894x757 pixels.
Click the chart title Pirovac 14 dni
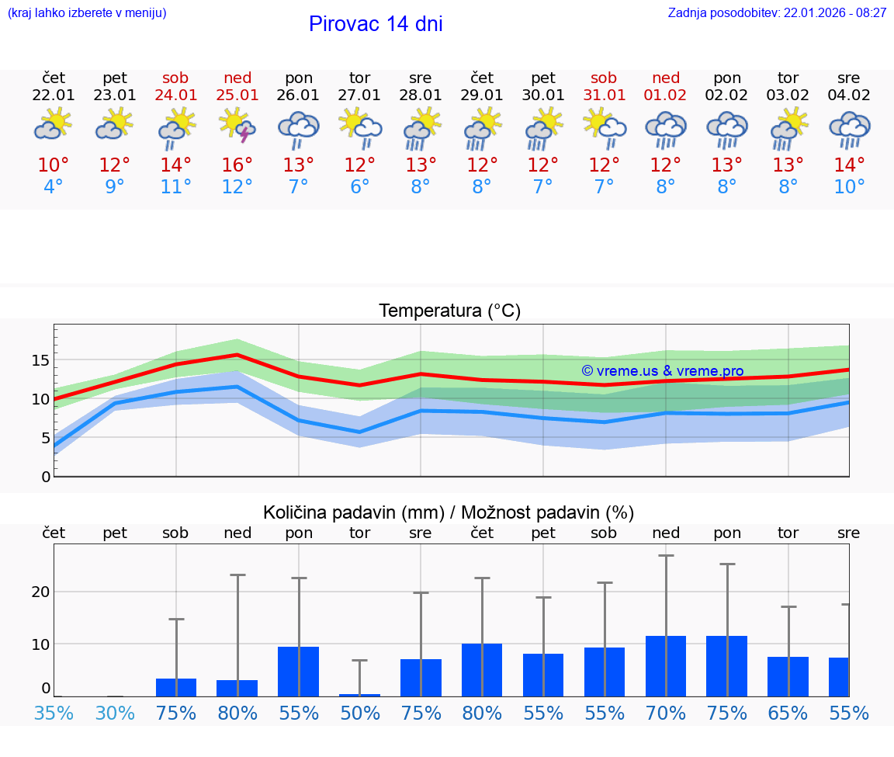[376, 24]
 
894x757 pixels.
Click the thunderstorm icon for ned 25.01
[237, 126]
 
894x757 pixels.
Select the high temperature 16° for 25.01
[237, 165]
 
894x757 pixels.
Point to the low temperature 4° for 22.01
[54, 187]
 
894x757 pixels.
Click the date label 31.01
[604, 95]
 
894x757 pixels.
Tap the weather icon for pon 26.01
[299, 127]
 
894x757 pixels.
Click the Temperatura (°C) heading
[449, 311]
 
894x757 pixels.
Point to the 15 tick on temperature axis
[40, 360]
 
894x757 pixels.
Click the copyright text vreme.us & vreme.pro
[663, 371]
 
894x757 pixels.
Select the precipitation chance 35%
[54, 713]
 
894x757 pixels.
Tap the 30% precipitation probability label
[115, 713]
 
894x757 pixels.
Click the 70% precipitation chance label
[665, 713]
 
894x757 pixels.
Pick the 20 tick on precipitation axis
[40, 592]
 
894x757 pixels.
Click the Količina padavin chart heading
[449, 512]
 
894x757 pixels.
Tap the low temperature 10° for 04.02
[849, 187]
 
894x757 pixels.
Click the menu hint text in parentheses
[87, 13]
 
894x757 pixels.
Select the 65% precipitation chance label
[788, 713]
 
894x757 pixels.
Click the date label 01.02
[665, 95]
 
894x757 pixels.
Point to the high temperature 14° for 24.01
[176, 165]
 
